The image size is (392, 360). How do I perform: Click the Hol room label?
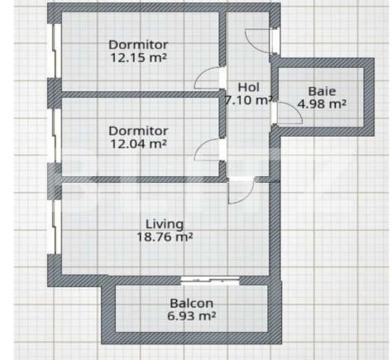(x=248, y=87)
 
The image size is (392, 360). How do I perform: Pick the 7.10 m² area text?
(x=249, y=101)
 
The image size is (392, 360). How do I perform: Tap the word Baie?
(x=322, y=91)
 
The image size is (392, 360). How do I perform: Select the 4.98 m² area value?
(x=322, y=104)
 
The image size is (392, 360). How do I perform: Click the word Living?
(x=164, y=223)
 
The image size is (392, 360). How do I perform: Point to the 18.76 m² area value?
(x=164, y=237)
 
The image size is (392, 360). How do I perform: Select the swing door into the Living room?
(x=240, y=192)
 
